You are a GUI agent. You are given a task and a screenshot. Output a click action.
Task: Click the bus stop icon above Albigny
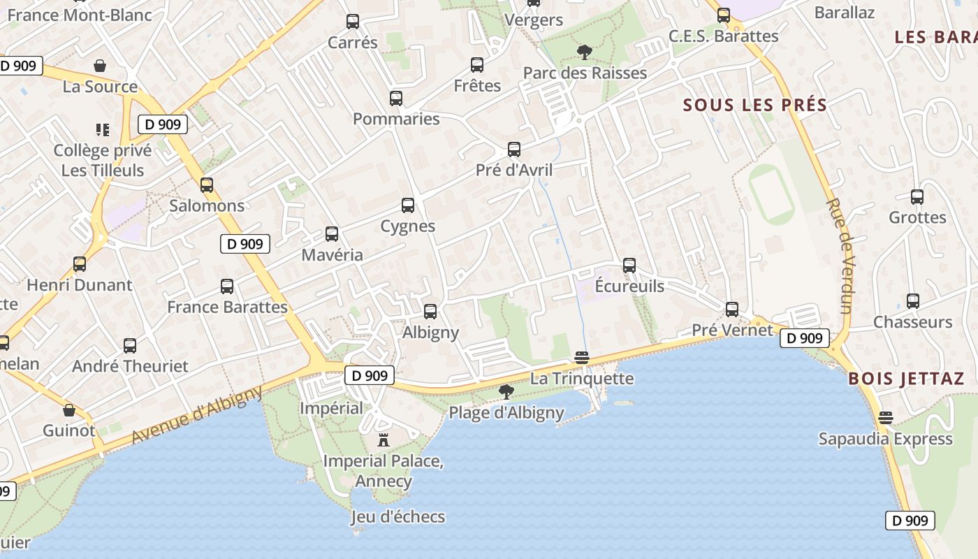[430, 312]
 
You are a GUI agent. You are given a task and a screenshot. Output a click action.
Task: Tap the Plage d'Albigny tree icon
[506, 392]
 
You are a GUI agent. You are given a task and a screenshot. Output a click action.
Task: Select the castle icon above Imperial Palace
[383, 440]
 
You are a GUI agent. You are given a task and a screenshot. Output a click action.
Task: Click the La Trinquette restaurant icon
[582, 358]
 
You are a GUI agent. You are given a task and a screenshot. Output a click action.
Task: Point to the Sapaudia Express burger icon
[886, 419]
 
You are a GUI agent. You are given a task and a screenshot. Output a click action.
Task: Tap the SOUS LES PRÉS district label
[755, 106]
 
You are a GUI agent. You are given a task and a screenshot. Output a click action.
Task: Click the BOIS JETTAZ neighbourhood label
[906, 379]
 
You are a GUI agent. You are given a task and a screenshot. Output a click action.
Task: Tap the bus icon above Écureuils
[629, 266]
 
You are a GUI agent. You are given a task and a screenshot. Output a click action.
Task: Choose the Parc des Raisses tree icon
[584, 52]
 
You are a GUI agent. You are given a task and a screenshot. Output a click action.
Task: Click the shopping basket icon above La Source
[100, 66]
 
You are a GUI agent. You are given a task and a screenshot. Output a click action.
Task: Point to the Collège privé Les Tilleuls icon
[103, 130]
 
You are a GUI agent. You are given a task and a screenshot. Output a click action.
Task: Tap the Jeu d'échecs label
[397, 517]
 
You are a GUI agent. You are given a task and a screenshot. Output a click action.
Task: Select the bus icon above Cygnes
[408, 205]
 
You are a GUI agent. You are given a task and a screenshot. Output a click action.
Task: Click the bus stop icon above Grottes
[917, 197]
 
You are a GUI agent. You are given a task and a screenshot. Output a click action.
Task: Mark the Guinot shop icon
[69, 410]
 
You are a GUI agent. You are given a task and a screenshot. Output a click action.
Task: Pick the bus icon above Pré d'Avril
[514, 150]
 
